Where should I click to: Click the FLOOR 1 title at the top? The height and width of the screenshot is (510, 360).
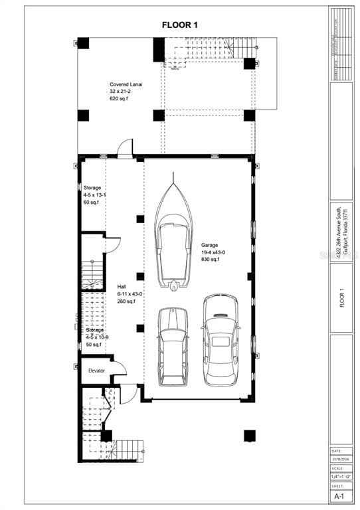pos(180,25)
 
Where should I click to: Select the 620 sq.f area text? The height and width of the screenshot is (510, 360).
pos(121,99)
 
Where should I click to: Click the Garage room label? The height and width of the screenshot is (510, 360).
pos(210,245)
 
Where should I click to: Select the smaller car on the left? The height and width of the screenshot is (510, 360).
pos(173,346)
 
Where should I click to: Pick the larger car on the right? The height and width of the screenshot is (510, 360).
pos(221,340)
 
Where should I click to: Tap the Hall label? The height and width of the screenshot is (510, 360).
pos(122,287)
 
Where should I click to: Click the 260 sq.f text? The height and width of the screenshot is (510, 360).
pos(126,301)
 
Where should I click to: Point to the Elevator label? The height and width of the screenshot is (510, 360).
pos(96,370)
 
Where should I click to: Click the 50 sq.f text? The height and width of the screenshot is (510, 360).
pos(93,345)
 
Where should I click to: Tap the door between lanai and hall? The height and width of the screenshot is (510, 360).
pos(125,149)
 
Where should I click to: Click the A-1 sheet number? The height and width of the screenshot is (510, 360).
pos(339,496)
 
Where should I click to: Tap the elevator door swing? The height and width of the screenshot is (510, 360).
pos(118,370)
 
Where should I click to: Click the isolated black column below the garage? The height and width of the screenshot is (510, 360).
pos(249,436)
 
